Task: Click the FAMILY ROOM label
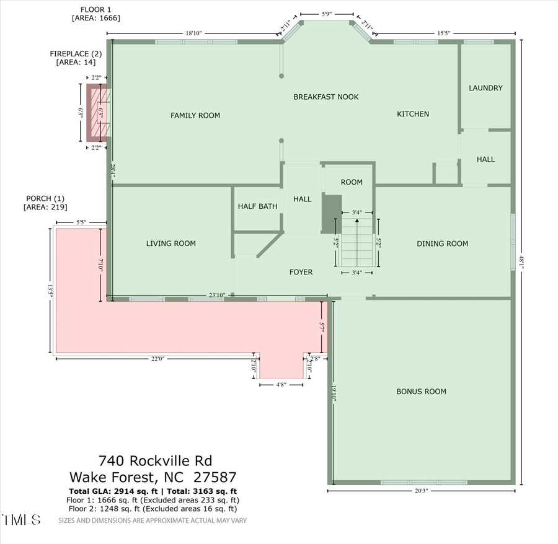click(x=195, y=115)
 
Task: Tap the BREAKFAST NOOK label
click(x=325, y=97)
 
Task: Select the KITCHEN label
click(x=413, y=114)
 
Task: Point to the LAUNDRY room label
click(x=485, y=88)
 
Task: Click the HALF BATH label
click(x=257, y=206)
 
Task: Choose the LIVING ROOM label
click(x=170, y=243)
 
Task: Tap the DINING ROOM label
click(x=442, y=243)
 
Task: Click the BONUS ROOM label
click(x=421, y=392)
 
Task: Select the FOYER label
click(x=301, y=272)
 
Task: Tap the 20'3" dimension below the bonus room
click(x=421, y=491)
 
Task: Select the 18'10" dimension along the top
click(x=193, y=33)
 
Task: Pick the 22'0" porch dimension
click(x=158, y=359)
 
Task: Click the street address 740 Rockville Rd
click(x=155, y=461)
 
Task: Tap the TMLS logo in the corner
click(x=22, y=519)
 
